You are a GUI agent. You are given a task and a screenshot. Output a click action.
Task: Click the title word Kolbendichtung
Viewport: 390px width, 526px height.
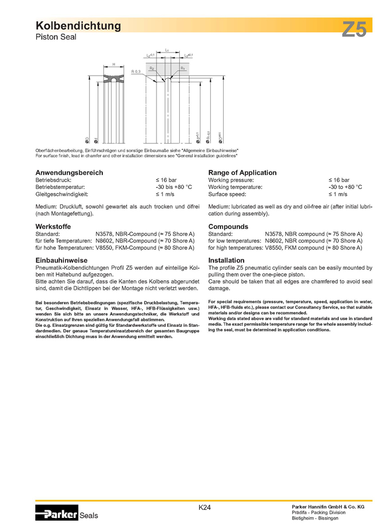[78, 26]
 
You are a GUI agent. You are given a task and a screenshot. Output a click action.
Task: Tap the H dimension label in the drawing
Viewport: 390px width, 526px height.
[114, 65]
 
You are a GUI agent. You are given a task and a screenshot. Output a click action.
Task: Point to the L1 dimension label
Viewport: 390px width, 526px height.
[167, 50]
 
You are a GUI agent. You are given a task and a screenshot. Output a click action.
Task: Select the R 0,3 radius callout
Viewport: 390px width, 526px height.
[135, 71]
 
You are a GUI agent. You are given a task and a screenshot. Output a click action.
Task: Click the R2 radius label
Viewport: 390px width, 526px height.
[152, 69]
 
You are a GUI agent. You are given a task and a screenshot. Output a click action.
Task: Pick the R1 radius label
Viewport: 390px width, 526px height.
[183, 69]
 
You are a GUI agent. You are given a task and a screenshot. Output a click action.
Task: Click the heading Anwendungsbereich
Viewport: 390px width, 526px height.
[69, 173]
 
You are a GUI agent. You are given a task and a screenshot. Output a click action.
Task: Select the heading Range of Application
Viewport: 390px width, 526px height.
[242, 173]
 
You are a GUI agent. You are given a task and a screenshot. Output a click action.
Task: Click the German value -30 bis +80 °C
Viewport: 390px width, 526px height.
[174, 187]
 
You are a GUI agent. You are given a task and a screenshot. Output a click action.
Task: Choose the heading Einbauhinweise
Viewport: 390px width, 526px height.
[61, 260]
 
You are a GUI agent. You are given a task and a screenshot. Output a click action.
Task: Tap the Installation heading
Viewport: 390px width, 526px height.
[226, 260]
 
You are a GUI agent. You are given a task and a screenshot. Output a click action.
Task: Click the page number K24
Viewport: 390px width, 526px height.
[204, 508]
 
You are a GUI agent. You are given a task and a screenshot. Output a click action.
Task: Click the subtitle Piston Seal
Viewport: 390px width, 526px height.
[56, 37]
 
